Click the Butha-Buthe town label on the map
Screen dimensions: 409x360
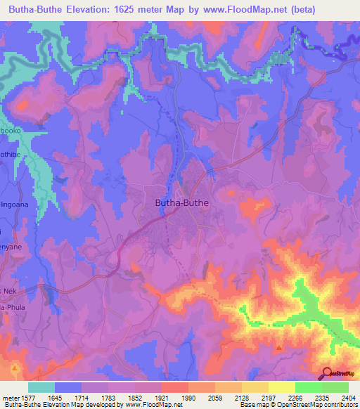click(x=181, y=202)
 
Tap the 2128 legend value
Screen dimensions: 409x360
click(x=241, y=397)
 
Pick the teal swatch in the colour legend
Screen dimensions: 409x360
click(x=41, y=387)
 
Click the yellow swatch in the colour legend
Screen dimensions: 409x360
click(x=281, y=387)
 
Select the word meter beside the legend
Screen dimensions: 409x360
click(x=10, y=397)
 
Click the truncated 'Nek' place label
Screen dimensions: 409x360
click(x=8, y=290)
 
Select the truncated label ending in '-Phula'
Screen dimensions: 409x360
click(x=11, y=306)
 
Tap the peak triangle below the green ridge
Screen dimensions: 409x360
click(x=280, y=347)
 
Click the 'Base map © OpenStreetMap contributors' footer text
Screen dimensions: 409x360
click(x=298, y=405)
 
